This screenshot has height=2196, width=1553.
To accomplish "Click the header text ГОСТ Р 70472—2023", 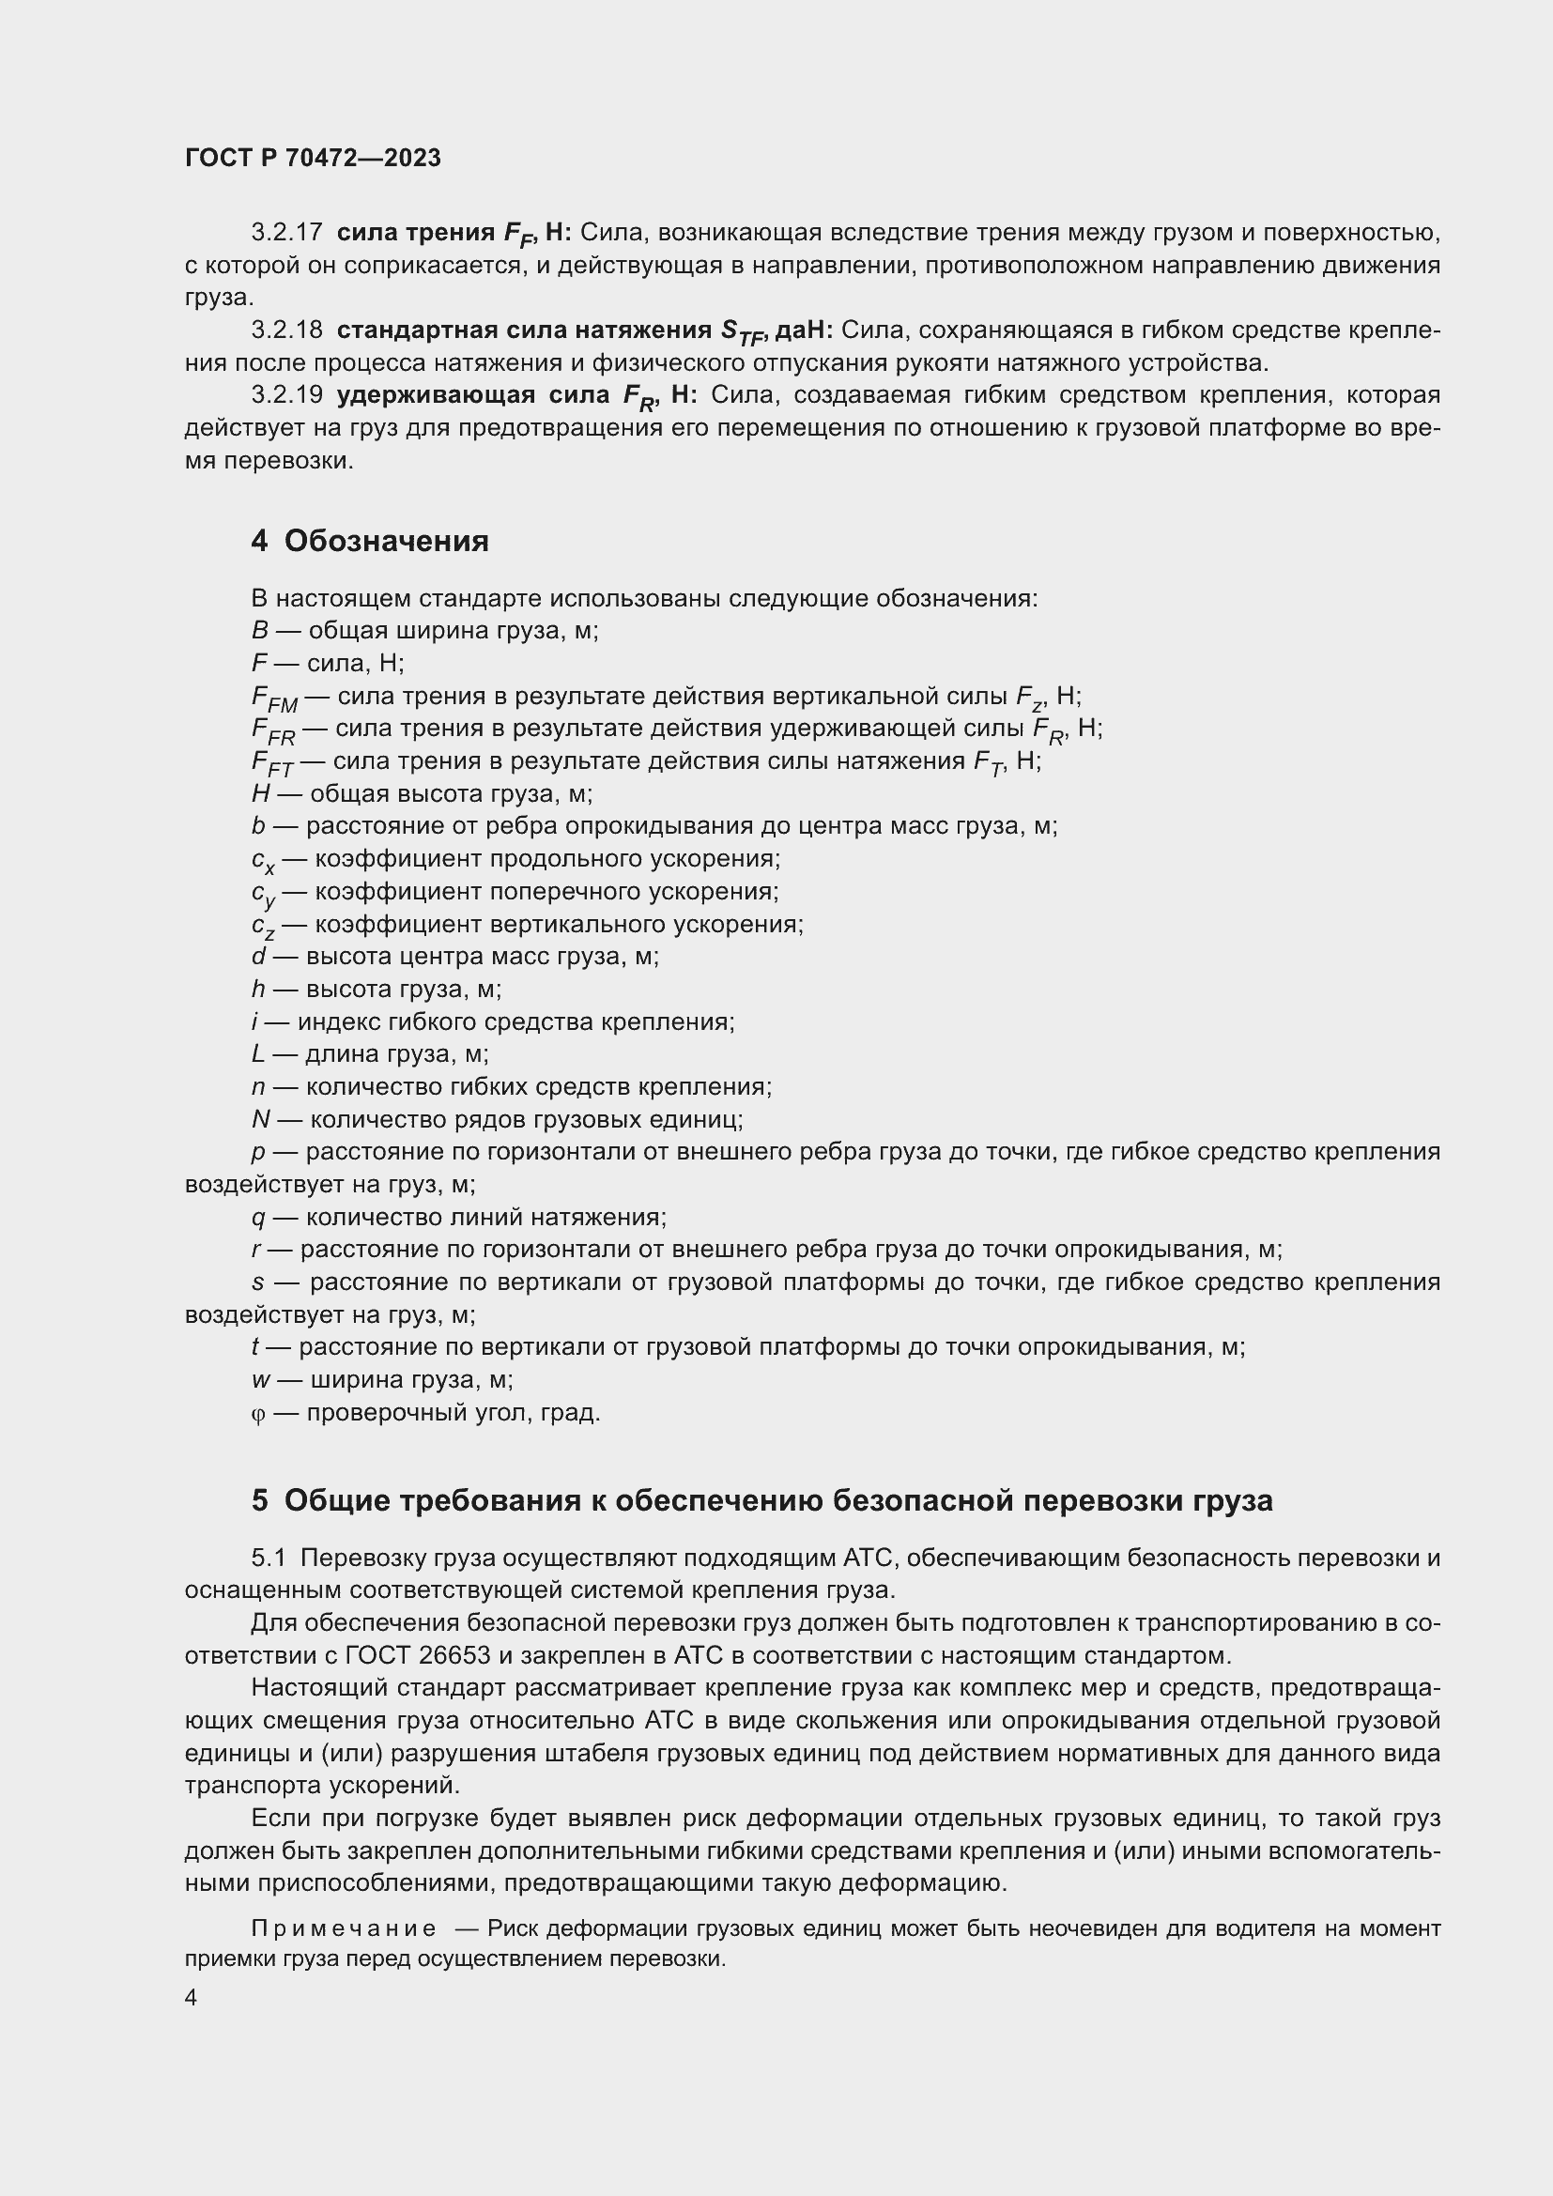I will tap(313, 158).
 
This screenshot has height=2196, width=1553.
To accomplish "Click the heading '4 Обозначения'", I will tap(369, 542).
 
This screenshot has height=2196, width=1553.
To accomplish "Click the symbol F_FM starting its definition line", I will tap(273, 699).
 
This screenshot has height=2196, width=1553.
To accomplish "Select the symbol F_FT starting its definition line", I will tap(271, 763).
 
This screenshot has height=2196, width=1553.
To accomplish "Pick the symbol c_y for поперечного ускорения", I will tap(263, 893).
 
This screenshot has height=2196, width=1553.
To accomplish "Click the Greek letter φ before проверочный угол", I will tap(257, 1414).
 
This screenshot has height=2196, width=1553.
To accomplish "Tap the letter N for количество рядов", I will tap(260, 1119).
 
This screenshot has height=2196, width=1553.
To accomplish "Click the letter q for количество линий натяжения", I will tap(257, 1218).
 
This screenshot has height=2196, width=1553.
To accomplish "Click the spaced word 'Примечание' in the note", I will tap(344, 1928).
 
